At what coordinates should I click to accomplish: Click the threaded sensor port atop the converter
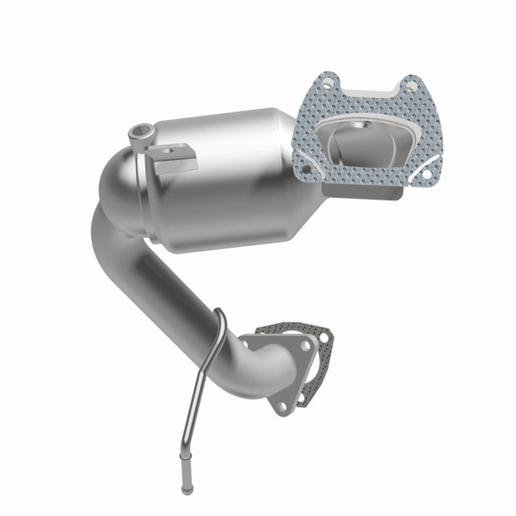138,131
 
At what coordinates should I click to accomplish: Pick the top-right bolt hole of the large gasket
411,85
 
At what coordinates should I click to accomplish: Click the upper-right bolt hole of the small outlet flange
305,345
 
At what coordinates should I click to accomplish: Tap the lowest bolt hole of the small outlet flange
281,406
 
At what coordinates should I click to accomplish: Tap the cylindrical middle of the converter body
222,183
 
